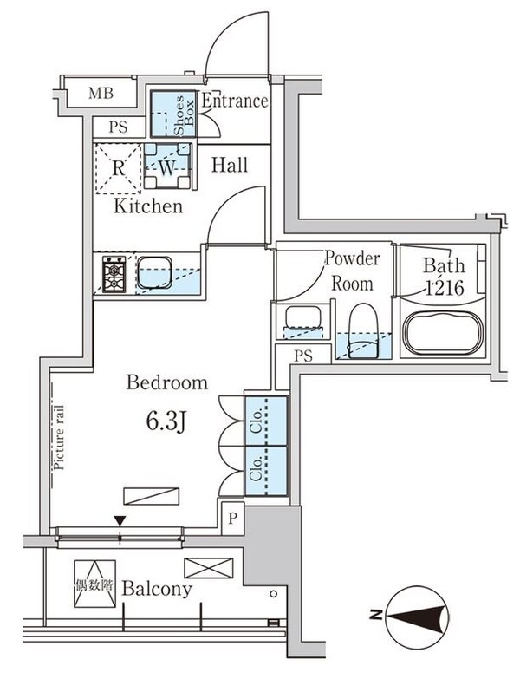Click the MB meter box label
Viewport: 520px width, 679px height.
101,93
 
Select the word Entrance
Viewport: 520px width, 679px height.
235,101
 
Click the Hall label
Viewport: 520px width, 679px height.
230,165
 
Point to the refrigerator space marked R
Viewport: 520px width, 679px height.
118,168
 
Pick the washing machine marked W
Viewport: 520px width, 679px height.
167,166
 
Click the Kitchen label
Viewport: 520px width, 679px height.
148,206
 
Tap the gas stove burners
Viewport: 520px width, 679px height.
114,274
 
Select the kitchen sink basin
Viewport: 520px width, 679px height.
154,272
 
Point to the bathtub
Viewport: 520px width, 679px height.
443,333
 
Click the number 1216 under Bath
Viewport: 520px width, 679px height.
445,288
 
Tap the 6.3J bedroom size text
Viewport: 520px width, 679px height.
166,421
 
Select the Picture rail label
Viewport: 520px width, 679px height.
59,437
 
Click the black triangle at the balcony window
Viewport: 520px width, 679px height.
120,520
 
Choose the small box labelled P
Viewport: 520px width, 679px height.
233,519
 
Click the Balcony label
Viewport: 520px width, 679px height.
157,589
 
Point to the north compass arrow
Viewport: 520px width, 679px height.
416,615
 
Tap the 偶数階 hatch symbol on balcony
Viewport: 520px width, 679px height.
94,584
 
